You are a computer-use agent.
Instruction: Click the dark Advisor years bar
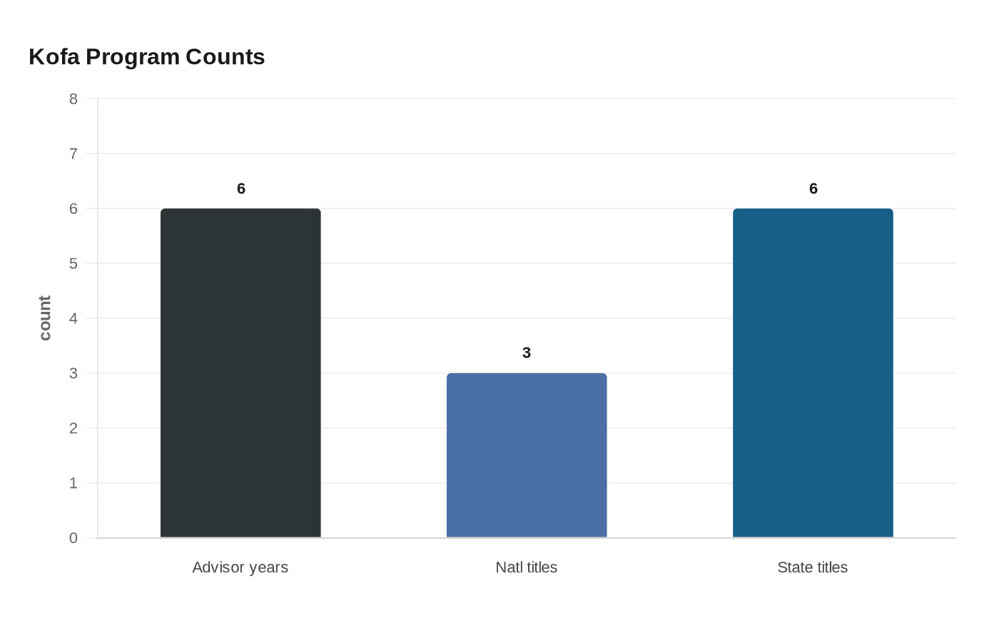(x=240, y=373)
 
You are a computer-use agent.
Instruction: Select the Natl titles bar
(x=527, y=455)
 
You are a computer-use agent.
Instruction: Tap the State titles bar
(x=813, y=373)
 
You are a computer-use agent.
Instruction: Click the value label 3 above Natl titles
(x=527, y=353)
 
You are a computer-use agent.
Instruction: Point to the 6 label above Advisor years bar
(x=241, y=188)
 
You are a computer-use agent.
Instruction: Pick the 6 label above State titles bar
(x=813, y=188)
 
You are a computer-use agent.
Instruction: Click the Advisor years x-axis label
(x=240, y=567)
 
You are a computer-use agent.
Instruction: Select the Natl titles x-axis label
(x=527, y=567)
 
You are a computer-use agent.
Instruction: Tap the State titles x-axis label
(x=813, y=567)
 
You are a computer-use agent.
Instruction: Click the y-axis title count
(x=45, y=318)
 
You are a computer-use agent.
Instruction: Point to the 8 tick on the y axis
(x=73, y=99)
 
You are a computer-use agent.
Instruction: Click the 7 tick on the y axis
(x=73, y=154)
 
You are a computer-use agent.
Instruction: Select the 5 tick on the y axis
(x=73, y=264)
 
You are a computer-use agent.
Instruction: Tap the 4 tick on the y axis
(x=73, y=319)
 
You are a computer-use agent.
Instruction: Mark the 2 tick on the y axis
(x=73, y=429)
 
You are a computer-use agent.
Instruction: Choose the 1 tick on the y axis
(x=73, y=484)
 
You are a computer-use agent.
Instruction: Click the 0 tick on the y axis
(x=73, y=539)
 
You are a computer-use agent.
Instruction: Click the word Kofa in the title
(x=54, y=57)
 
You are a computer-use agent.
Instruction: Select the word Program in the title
(x=133, y=57)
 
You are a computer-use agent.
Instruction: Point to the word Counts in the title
(x=225, y=57)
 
